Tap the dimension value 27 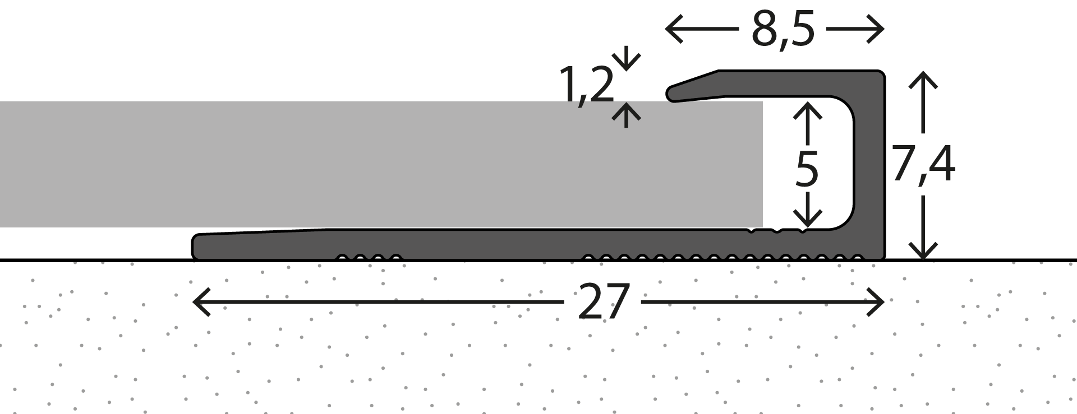tap(602, 302)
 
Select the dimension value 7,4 tap(923, 166)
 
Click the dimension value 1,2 tap(587, 86)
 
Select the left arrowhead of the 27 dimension tap(201, 302)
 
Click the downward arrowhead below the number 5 tap(808, 218)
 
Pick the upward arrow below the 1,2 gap tap(626, 115)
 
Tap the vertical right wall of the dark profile tap(869, 165)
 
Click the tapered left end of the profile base tap(196, 246)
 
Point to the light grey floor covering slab tap(381, 164)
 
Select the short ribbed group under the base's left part tap(369, 258)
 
